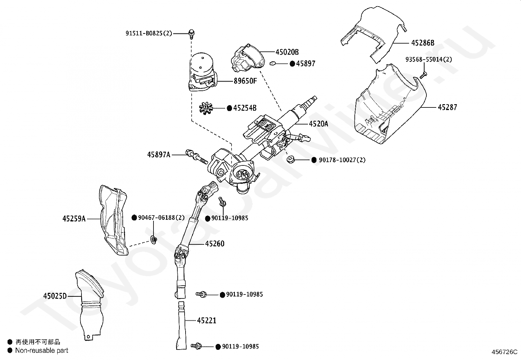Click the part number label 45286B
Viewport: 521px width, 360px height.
click(422, 43)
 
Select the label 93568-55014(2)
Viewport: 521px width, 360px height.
click(429, 59)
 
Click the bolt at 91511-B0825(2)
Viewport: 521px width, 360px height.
click(191, 33)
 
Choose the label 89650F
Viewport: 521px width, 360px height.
click(245, 81)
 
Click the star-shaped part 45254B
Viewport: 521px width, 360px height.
click(206, 107)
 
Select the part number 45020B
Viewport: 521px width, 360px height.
click(287, 52)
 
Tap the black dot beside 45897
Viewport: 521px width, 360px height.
click(292, 64)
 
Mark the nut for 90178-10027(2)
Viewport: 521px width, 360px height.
click(290, 160)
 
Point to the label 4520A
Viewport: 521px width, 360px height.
click(318, 124)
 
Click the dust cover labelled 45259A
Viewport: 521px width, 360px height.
click(113, 219)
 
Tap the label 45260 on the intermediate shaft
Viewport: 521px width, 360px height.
click(215, 244)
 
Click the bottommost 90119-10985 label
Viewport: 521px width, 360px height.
click(240, 346)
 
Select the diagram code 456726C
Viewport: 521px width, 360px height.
click(504, 352)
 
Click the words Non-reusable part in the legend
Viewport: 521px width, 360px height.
click(42, 351)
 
